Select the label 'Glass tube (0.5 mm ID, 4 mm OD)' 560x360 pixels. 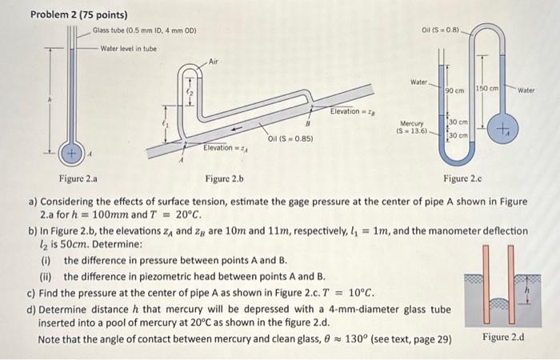[144, 31]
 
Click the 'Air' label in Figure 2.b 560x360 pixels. [213, 61]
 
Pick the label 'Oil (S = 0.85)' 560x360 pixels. [290, 138]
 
